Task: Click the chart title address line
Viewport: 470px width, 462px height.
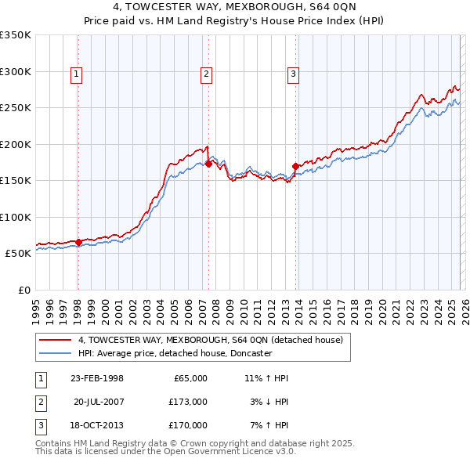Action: (x=234, y=8)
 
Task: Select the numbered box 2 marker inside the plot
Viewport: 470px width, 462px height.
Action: (x=206, y=74)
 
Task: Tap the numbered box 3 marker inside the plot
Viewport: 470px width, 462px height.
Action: (x=293, y=74)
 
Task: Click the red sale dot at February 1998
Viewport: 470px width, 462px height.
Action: (x=78, y=242)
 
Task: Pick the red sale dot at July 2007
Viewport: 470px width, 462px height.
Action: (x=208, y=164)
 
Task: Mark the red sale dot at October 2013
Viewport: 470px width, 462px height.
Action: (x=295, y=166)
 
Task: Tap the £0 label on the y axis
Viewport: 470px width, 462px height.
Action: (x=23, y=290)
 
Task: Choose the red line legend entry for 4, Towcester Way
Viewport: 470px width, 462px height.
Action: (x=210, y=341)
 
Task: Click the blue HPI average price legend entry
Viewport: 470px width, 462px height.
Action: (x=175, y=353)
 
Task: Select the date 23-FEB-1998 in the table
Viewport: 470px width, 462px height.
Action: (x=96, y=378)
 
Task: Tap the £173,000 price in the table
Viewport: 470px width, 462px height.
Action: (x=187, y=402)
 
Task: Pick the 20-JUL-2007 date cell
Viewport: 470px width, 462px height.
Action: (x=99, y=402)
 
